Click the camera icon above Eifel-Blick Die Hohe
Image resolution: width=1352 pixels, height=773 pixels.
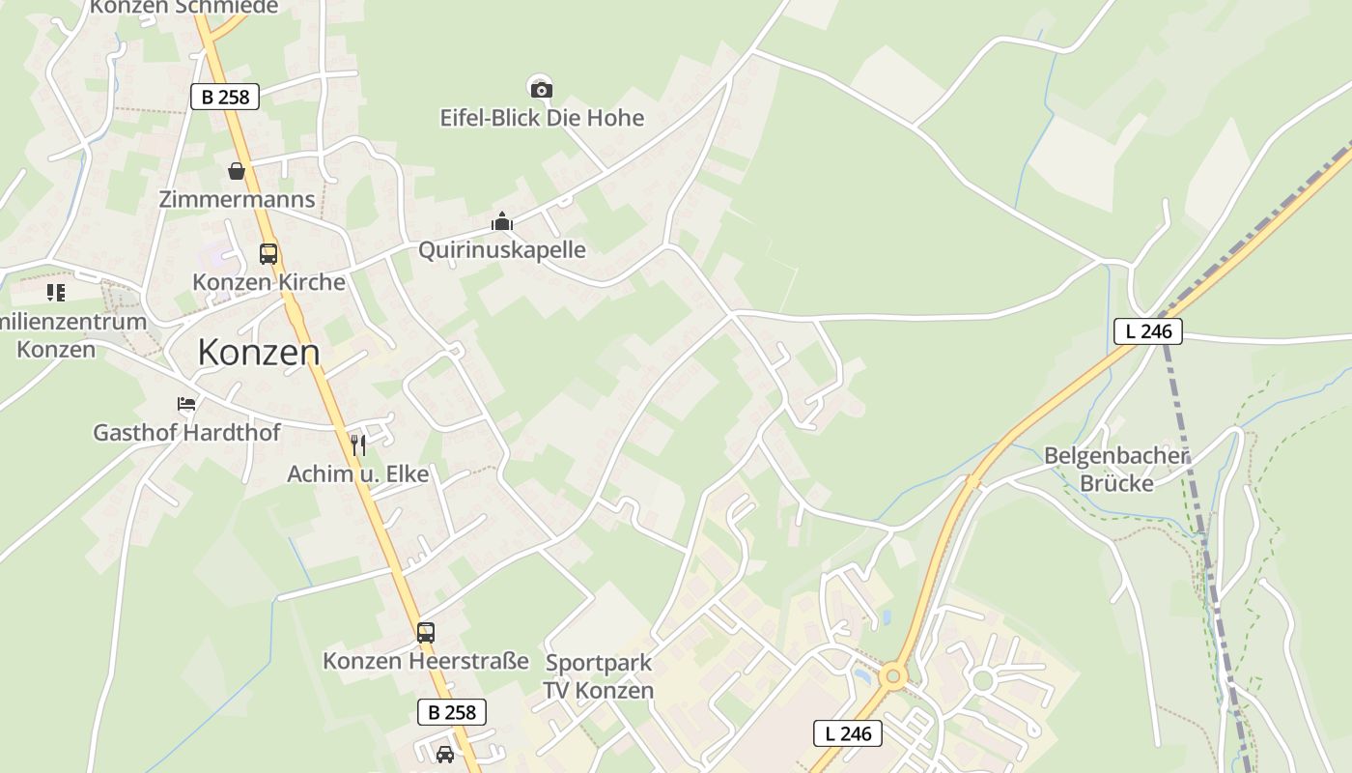coord(542,90)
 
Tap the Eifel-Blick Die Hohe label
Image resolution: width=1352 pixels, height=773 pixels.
coord(542,119)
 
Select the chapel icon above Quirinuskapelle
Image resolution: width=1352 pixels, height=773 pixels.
coord(501,222)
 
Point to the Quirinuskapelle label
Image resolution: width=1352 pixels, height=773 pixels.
coord(501,250)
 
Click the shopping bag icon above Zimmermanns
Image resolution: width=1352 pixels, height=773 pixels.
coord(237,171)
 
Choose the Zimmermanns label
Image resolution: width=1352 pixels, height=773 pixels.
coord(237,200)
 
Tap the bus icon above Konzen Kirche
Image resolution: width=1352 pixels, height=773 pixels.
coord(268,254)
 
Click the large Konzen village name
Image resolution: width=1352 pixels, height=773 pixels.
coord(259,353)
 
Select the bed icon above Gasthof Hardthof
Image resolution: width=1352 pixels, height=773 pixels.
coord(186,404)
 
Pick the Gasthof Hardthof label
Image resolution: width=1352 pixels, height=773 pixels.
coord(186,433)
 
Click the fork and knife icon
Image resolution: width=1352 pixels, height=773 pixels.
coord(357,444)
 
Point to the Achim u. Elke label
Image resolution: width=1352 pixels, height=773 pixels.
coord(357,474)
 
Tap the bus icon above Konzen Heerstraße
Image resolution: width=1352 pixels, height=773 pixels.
coord(425,633)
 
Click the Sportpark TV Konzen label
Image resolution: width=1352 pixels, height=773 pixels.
coord(599,676)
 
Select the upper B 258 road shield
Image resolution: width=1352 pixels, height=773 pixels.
coord(225,97)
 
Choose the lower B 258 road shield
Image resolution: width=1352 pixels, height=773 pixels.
coord(452,713)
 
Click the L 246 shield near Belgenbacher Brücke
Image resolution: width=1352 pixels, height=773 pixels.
coord(1148,331)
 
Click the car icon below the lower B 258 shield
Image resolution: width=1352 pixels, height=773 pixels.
coord(444,754)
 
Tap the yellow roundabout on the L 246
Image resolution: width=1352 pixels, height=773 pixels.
coord(892,675)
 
